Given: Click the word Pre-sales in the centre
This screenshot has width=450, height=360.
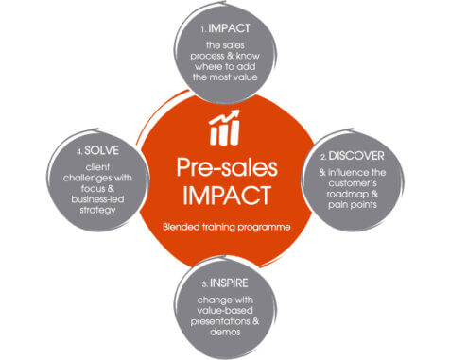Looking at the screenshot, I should (x=224, y=167).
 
